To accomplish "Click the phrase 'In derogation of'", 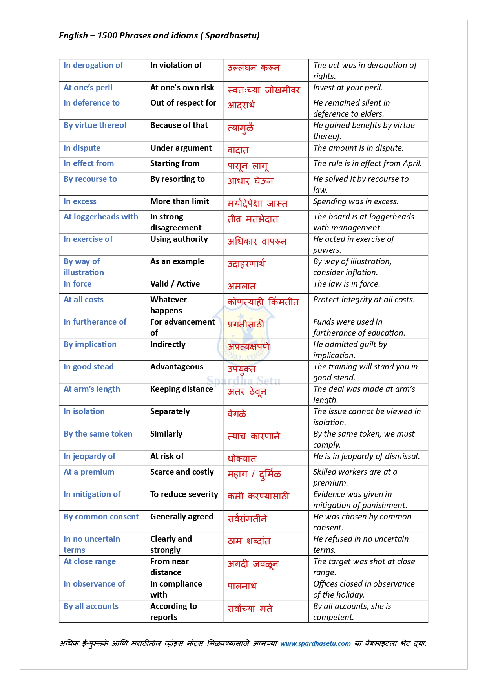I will (x=93, y=65).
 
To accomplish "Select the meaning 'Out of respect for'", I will (x=183, y=103).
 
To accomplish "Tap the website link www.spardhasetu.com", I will (x=315, y=643).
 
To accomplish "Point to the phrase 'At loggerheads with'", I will (x=101, y=217).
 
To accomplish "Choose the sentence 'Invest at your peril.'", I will (x=348, y=88).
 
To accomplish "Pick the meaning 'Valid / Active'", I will (x=175, y=284).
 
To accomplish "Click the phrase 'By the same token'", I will (x=98, y=434).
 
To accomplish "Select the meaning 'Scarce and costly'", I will (x=182, y=472).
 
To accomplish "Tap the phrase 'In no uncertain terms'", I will (x=92, y=544).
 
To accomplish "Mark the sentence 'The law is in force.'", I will (x=347, y=284).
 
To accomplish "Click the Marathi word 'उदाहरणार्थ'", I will (x=246, y=264).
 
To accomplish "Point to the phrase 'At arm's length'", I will (x=92, y=389).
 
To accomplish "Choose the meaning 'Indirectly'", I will (x=168, y=344).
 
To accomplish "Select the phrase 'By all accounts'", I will (x=91, y=606).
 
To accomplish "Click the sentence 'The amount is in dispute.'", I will (x=358, y=148).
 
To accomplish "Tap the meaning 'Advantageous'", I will (x=177, y=367).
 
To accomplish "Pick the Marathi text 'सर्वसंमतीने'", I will (x=247, y=519).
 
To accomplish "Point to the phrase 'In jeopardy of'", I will (x=89, y=456).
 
